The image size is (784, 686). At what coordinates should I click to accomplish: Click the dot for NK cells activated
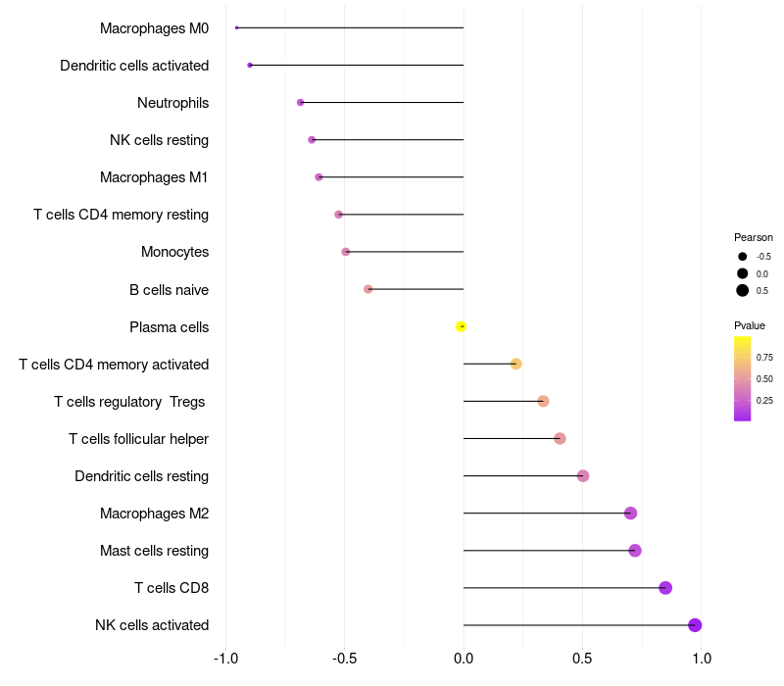tap(695, 625)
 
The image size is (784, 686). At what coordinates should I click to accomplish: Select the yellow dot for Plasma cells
tap(461, 326)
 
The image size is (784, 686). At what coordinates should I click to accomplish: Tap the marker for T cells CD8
tap(665, 588)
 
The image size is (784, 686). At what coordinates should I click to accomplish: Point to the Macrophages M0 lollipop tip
tap(237, 27)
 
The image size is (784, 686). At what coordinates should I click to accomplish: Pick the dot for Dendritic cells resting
tap(583, 476)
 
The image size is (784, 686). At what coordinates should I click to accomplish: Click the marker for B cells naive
tap(368, 289)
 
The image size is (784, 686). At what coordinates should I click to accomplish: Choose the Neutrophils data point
tap(301, 102)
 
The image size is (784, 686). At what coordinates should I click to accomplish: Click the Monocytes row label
tap(174, 252)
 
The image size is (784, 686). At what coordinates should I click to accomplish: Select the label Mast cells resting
tap(154, 551)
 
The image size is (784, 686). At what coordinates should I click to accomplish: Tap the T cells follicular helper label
tap(138, 439)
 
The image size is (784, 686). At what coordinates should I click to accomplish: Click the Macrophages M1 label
tap(154, 177)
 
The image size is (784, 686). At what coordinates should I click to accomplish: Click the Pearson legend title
tap(753, 237)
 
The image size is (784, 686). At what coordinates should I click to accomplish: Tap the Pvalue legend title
tap(750, 325)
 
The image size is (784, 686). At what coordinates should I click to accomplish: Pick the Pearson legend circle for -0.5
tap(743, 256)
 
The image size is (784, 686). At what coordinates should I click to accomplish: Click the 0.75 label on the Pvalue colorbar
tap(764, 358)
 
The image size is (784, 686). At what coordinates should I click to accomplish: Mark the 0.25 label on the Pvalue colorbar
tap(764, 400)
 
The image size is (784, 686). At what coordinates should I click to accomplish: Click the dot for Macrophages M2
tap(630, 514)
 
